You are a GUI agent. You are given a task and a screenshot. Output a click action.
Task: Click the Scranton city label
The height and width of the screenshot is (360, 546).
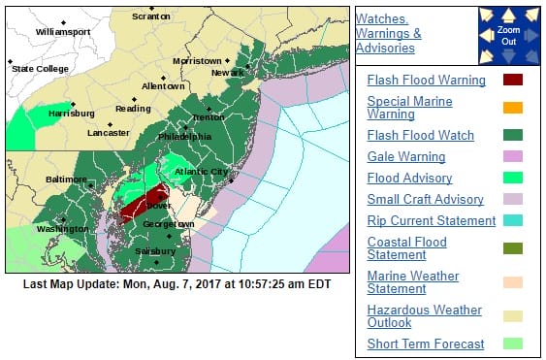pyautogui.click(x=150, y=16)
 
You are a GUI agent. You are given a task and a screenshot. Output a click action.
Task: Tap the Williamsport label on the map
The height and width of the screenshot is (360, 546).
pyautogui.click(x=62, y=31)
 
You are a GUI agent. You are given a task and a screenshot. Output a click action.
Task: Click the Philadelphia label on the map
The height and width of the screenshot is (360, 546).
pyautogui.click(x=184, y=136)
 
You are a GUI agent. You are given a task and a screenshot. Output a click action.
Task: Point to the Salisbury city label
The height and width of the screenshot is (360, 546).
pyautogui.click(x=155, y=250)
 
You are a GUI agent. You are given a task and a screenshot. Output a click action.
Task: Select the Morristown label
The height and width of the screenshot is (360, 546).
pyautogui.click(x=197, y=61)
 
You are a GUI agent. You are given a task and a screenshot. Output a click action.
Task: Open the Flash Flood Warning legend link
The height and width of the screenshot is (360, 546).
pyautogui.click(x=426, y=79)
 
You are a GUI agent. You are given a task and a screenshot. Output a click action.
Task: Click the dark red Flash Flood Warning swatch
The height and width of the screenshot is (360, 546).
pyautogui.click(x=513, y=80)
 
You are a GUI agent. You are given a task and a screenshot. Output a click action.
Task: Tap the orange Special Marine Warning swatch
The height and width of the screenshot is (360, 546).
pyautogui.click(x=513, y=108)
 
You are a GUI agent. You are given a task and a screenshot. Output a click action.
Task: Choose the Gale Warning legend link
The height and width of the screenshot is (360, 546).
pyautogui.click(x=406, y=156)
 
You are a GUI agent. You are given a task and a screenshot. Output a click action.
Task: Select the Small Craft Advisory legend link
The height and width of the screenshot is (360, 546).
pyautogui.click(x=425, y=199)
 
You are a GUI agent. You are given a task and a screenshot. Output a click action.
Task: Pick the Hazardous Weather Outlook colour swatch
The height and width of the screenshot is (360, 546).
pyautogui.click(x=513, y=316)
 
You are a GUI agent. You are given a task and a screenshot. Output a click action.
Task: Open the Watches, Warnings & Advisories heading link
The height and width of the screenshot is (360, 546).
pyautogui.click(x=389, y=33)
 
